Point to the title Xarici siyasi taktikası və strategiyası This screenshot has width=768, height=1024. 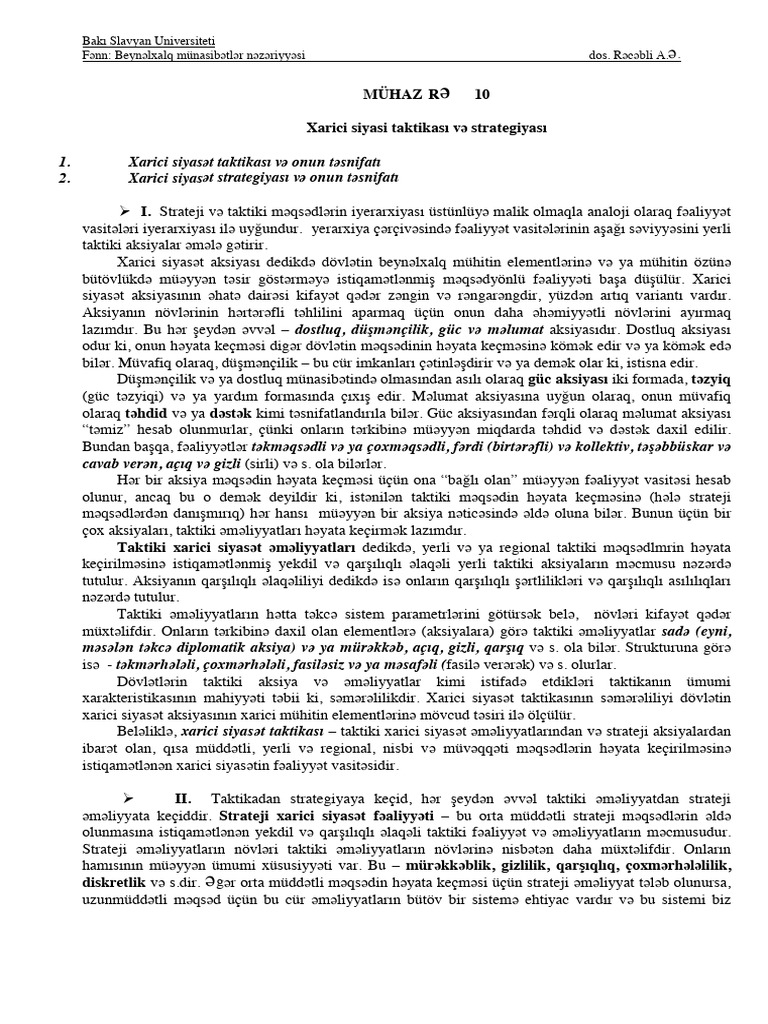[425, 129]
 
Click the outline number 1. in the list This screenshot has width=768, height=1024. [64, 161]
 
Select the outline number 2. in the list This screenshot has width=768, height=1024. [64, 177]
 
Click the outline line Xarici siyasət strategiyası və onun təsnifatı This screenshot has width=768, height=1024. [264, 177]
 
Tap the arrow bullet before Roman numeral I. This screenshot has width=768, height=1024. [126, 211]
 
